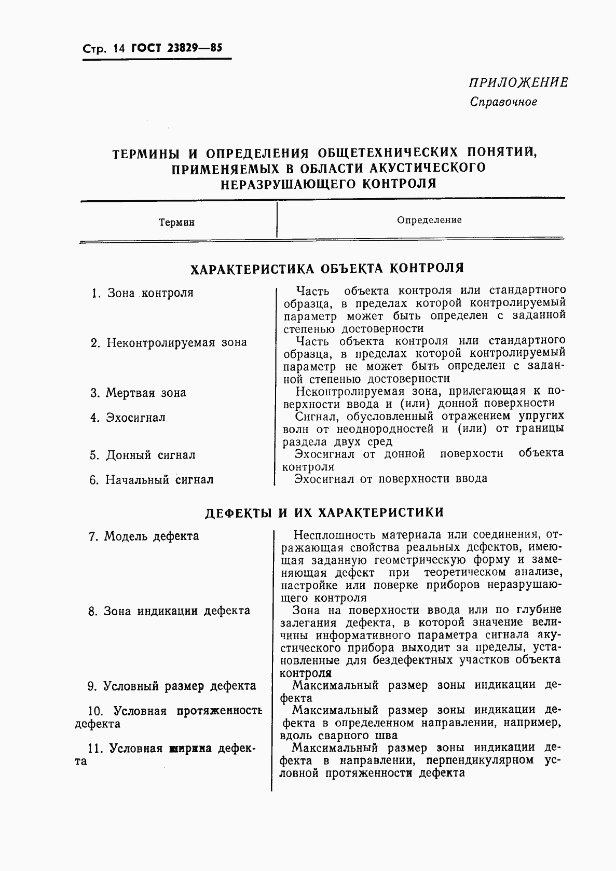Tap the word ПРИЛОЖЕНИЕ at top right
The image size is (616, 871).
pos(518,82)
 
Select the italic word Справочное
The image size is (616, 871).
pos(503,102)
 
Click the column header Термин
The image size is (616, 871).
pos(176,223)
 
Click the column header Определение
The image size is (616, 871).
pos(429,220)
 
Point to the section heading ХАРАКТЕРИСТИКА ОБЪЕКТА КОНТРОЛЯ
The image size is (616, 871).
pos(327,268)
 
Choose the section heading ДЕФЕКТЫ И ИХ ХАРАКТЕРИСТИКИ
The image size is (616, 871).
pos(324,513)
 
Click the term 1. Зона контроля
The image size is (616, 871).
pos(142,293)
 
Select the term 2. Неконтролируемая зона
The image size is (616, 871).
pos(169,343)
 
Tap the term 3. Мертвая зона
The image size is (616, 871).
pos(138,393)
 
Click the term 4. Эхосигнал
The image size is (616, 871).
pos(128,418)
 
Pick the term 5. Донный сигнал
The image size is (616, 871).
pos(142,455)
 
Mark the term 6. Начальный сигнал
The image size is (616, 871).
pos(151,480)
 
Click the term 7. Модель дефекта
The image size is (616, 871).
pos(144,536)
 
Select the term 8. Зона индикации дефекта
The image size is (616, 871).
pos(169,611)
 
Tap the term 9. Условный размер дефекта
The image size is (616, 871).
pos(172,686)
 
